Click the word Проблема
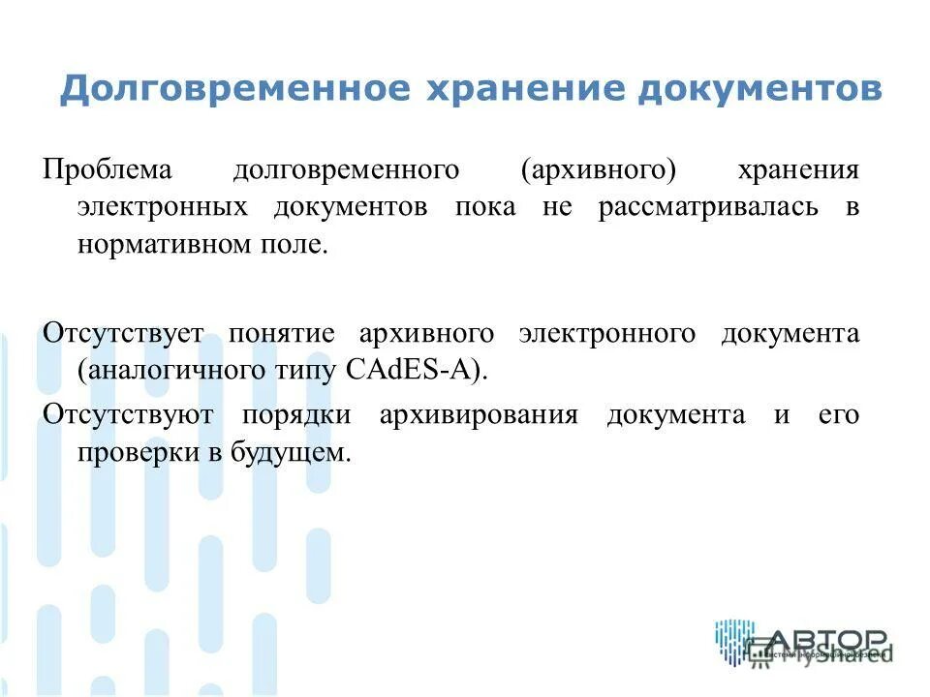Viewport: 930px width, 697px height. (x=107, y=171)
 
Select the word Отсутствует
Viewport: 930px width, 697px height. (x=123, y=334)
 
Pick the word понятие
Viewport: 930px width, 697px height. (x=282, y=334)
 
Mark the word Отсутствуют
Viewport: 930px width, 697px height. (x=127, y=416)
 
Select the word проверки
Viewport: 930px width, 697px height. (x=135, y=452)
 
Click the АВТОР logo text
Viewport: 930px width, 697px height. (x=828, y=642)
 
